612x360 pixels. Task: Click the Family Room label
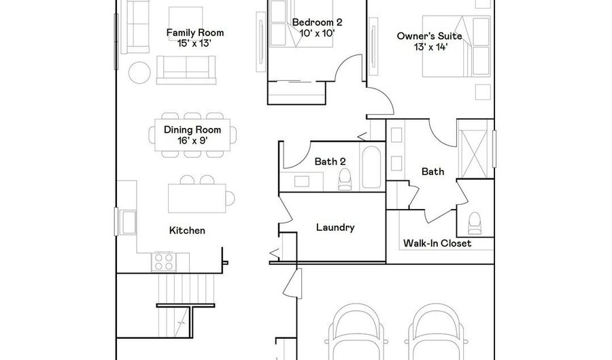point(195,33)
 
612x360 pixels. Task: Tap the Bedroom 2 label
point(318,22)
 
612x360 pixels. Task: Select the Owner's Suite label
point(429,36)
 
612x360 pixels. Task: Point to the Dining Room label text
point(192,129)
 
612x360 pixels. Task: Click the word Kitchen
point(188,231)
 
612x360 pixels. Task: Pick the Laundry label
point(335,227)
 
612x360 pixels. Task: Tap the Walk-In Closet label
point(437,243)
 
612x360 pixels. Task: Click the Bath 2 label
point(330,161)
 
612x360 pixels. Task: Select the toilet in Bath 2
point(345,179)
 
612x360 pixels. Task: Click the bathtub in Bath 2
point(371,167)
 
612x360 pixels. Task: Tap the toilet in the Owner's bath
point(475,223)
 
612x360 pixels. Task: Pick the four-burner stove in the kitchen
point(164,261)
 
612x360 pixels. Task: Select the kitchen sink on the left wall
point(127,222)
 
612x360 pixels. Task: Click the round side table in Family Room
point(139,72)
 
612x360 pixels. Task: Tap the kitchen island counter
point(197,198)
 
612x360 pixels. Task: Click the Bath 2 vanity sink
point(302,182)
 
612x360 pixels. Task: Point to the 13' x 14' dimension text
point(430,47)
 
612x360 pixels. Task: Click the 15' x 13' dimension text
point(194,44)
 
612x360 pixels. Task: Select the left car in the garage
point(355,332)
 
